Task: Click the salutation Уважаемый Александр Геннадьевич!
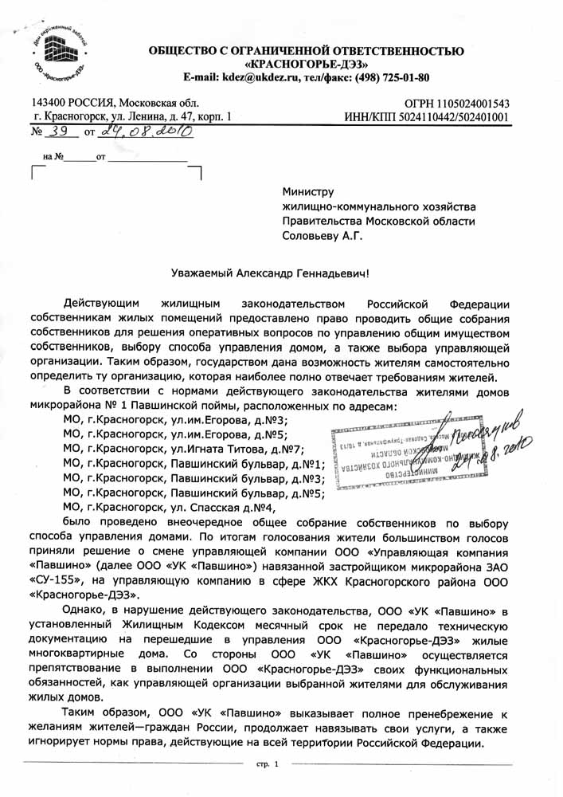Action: point(271,273)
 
